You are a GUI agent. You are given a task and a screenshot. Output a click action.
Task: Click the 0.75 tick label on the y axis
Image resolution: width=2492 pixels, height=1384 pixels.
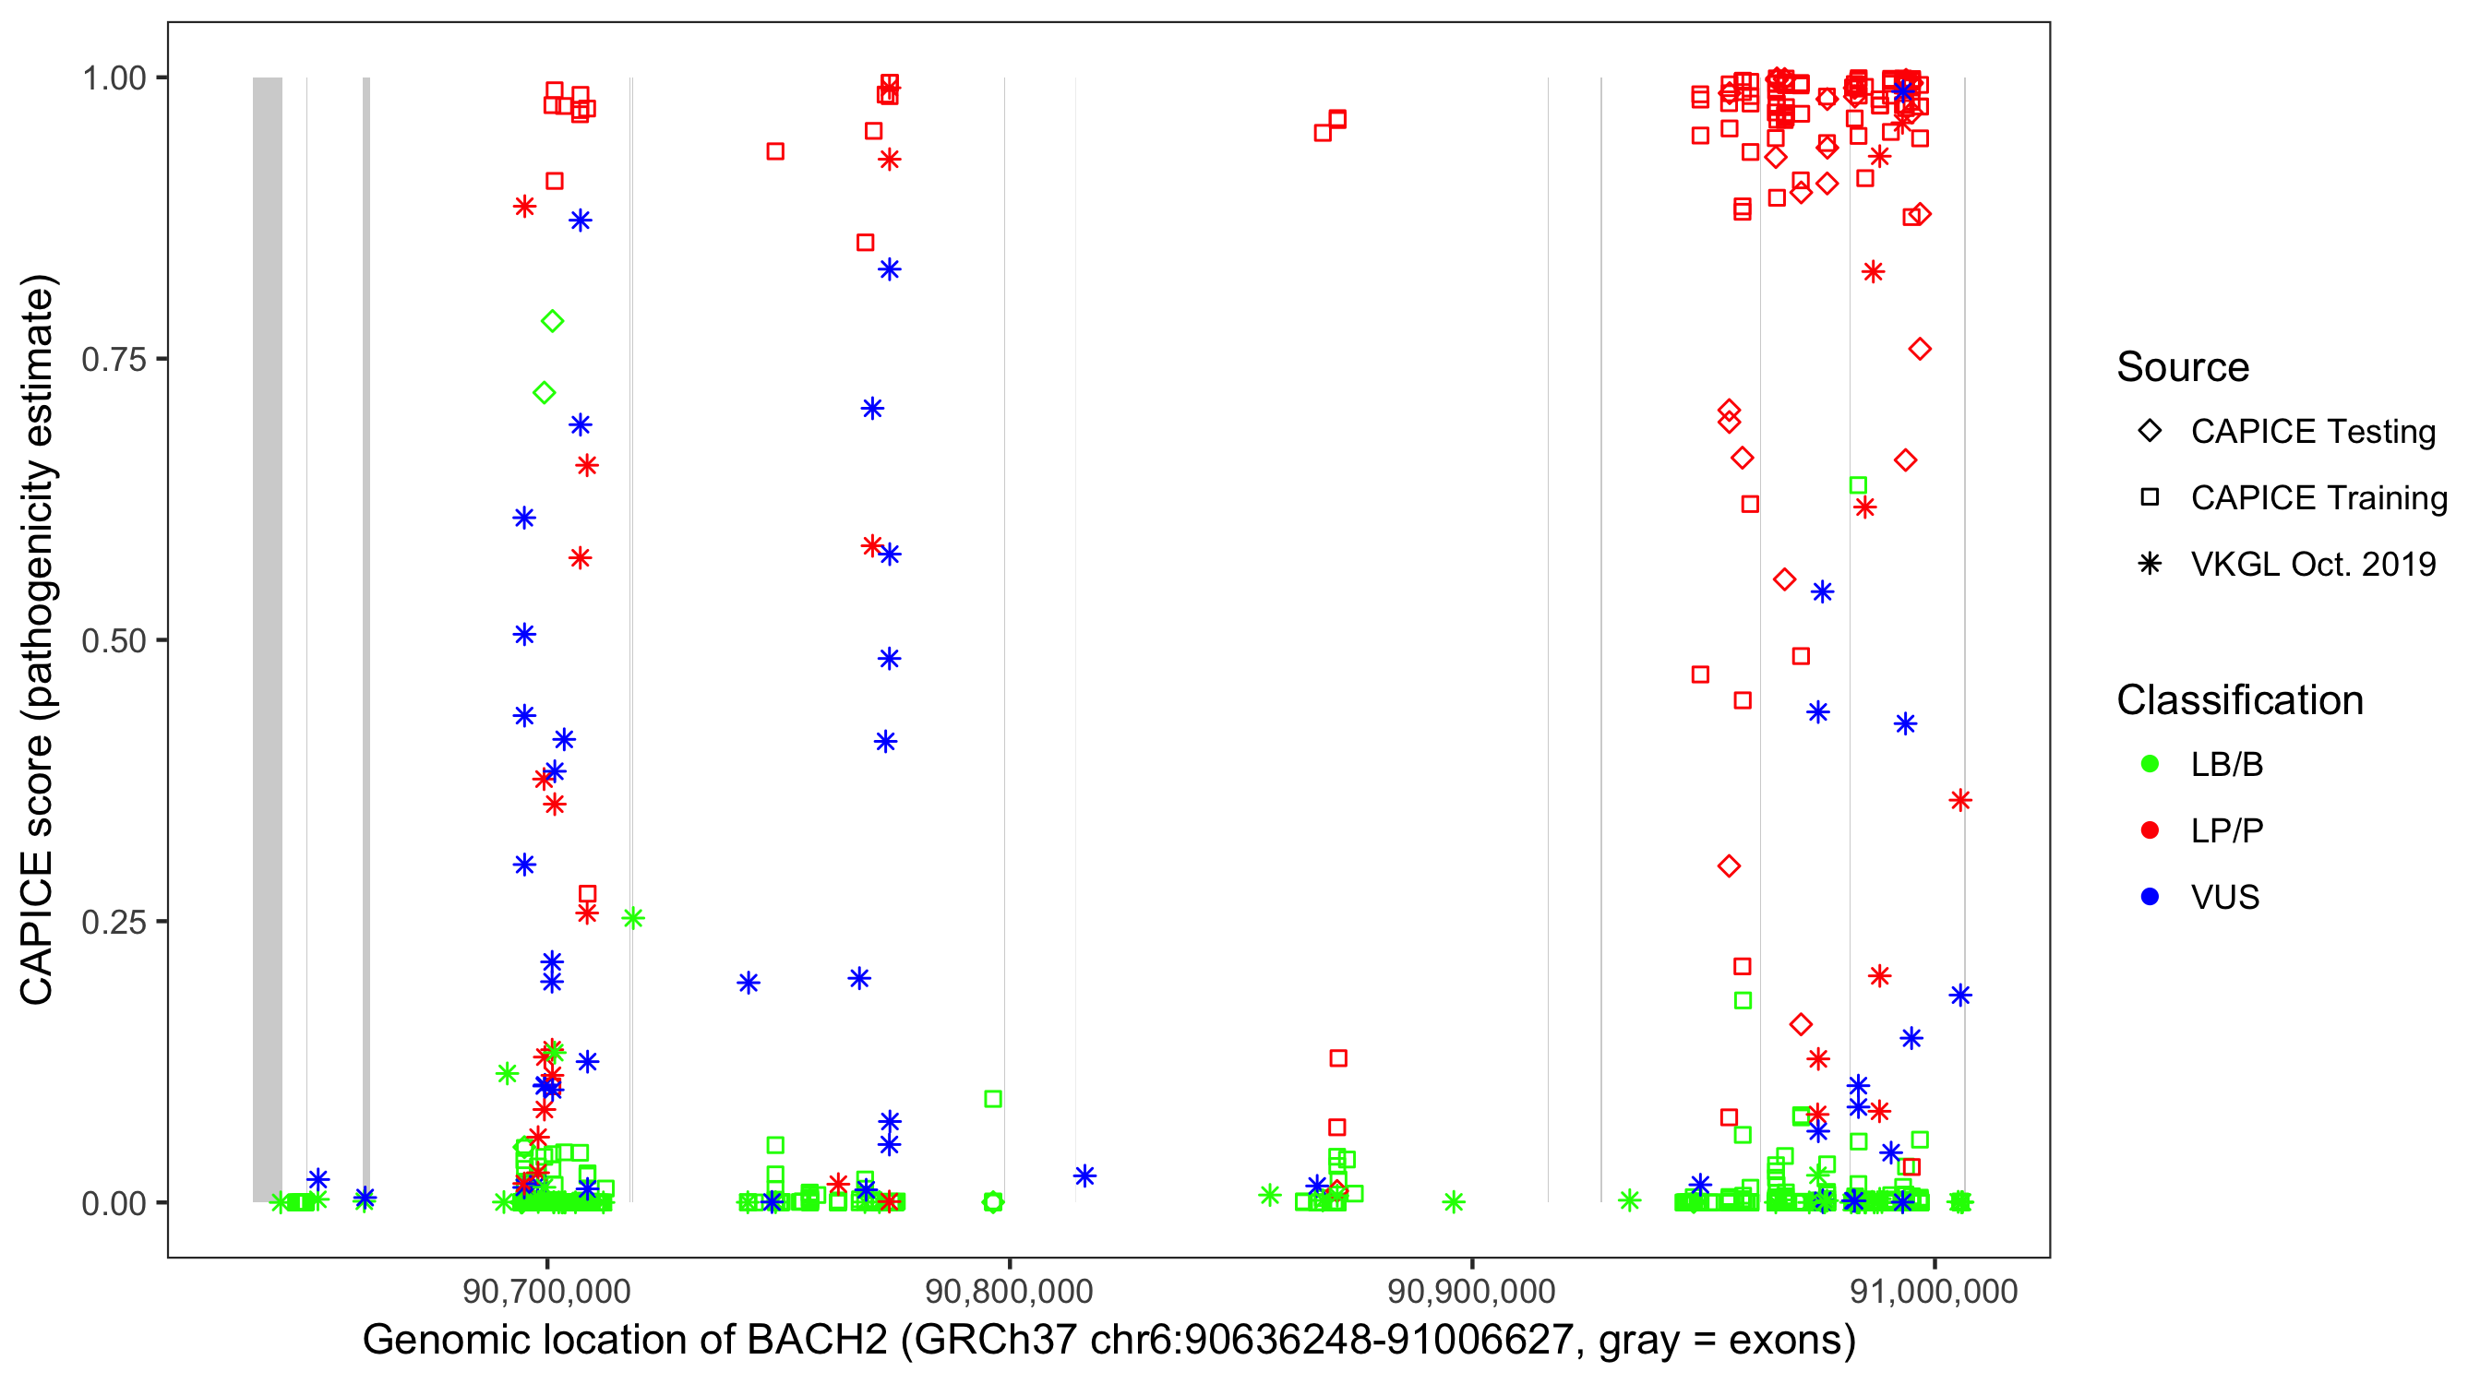click(x=114, y=360)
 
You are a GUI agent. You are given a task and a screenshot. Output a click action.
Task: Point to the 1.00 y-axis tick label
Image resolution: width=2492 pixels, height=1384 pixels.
click(x=114, y=78)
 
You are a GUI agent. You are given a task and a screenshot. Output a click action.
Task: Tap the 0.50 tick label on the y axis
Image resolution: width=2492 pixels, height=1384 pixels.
click(x=114, y=640)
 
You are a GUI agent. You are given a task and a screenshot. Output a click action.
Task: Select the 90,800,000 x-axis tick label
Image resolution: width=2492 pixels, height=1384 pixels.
click(x=1009, y=1291)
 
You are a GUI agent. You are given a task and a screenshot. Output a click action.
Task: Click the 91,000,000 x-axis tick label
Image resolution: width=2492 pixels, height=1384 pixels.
click(x=1934, y=1291)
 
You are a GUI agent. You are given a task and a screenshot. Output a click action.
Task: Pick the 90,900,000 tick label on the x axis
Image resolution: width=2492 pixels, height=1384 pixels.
click(x=1471, y=1291)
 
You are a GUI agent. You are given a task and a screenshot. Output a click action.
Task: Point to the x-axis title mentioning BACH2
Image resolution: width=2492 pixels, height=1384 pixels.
click(x=1108, y=1341)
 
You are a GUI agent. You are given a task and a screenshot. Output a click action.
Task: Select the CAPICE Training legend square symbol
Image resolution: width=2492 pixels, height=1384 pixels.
click(x=2150, y=498)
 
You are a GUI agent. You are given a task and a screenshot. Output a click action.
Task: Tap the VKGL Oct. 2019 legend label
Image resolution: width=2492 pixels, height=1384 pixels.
click(x=2313, y=565)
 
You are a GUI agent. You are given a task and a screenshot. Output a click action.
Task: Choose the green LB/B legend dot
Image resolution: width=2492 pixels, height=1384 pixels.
click(x=2150, y=765)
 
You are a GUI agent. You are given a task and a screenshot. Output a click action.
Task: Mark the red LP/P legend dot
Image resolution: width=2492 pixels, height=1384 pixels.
click(x=2150, y=830)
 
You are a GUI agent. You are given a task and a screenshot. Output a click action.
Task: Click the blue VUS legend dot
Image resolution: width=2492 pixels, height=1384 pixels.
click(x=2150, y=898)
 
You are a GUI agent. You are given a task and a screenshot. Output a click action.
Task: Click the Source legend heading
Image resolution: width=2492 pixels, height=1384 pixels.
click(x=2183, y=367)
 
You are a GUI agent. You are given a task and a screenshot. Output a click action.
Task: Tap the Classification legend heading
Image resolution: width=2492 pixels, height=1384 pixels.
click(x=2239, y=700)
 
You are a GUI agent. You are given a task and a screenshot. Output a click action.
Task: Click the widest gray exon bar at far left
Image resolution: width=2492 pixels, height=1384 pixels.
click(x=268, y=638)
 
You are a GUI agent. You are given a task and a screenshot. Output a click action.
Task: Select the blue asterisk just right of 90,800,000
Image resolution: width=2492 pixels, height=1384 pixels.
click(x=1084, y=1176)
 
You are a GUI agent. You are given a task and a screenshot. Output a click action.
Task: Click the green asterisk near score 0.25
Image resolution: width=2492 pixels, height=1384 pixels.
click(x=632, y=918)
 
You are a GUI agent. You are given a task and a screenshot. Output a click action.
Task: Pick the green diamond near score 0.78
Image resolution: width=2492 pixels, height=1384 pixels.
click(x=552, y=321)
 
